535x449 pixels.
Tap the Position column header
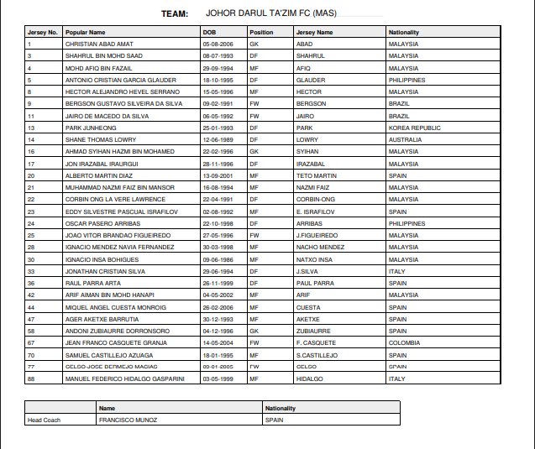tap(261, 32)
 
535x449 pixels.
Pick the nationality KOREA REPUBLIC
tap(412, 128)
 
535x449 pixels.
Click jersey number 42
tap(30, 295)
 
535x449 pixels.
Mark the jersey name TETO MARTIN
tap(317, 175)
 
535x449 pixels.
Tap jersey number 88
tap(30, 379)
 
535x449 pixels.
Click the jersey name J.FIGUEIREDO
tap(317, 236)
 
